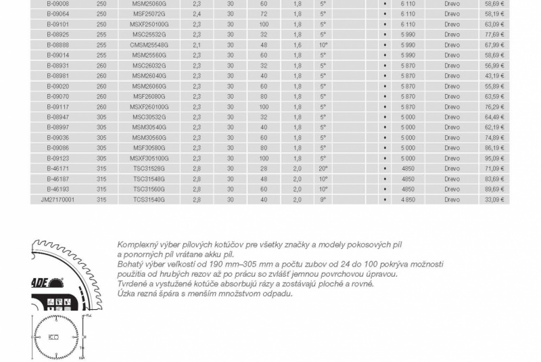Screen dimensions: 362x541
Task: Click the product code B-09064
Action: tap(57, 13)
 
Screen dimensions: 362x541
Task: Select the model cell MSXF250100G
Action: tap(149, 24)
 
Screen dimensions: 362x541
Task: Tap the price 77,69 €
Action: tap(494, 34)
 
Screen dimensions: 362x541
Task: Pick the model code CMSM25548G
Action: tap(149, 44)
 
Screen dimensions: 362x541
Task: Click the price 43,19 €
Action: tap(494, 75)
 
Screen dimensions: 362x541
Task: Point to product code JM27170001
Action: tap(57, 200)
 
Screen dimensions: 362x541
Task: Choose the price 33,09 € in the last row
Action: tap(494, 200)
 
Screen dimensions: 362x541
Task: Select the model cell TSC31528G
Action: tap(149, 169)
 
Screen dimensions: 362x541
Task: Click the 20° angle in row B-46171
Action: tap(323, 169)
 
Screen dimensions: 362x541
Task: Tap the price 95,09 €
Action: tap(494, 158)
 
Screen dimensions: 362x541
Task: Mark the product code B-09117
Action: tap(57, 106)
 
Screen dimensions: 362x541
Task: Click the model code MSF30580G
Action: tap(149, 148)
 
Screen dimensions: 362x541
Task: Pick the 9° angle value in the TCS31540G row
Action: tap(323, 200)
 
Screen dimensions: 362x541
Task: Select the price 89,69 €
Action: tap(494, 189)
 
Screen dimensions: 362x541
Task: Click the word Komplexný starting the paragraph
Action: tap(137, 244)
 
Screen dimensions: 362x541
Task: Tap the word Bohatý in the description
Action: tap(128, 263)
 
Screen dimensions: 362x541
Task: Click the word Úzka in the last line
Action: tap(125, 294)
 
